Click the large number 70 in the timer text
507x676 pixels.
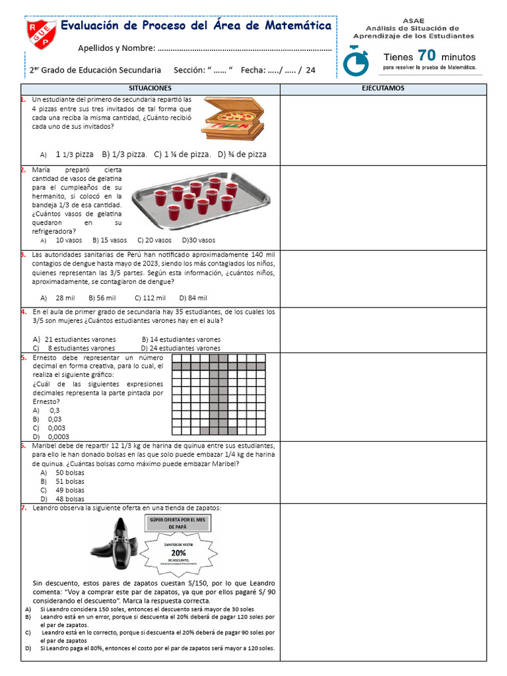[426, 55]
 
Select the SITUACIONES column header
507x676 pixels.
[150, 88]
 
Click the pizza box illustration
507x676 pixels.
[233, 118]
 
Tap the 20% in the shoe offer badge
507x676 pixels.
[178, 553]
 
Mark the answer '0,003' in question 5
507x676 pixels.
[56, 428]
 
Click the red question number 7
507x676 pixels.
[23, 508]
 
